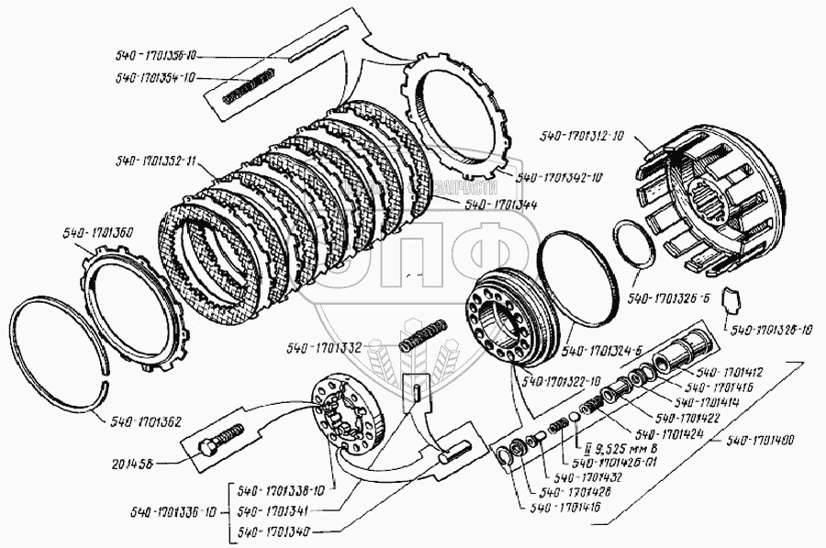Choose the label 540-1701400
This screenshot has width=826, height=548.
click(x=760, y=441)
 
